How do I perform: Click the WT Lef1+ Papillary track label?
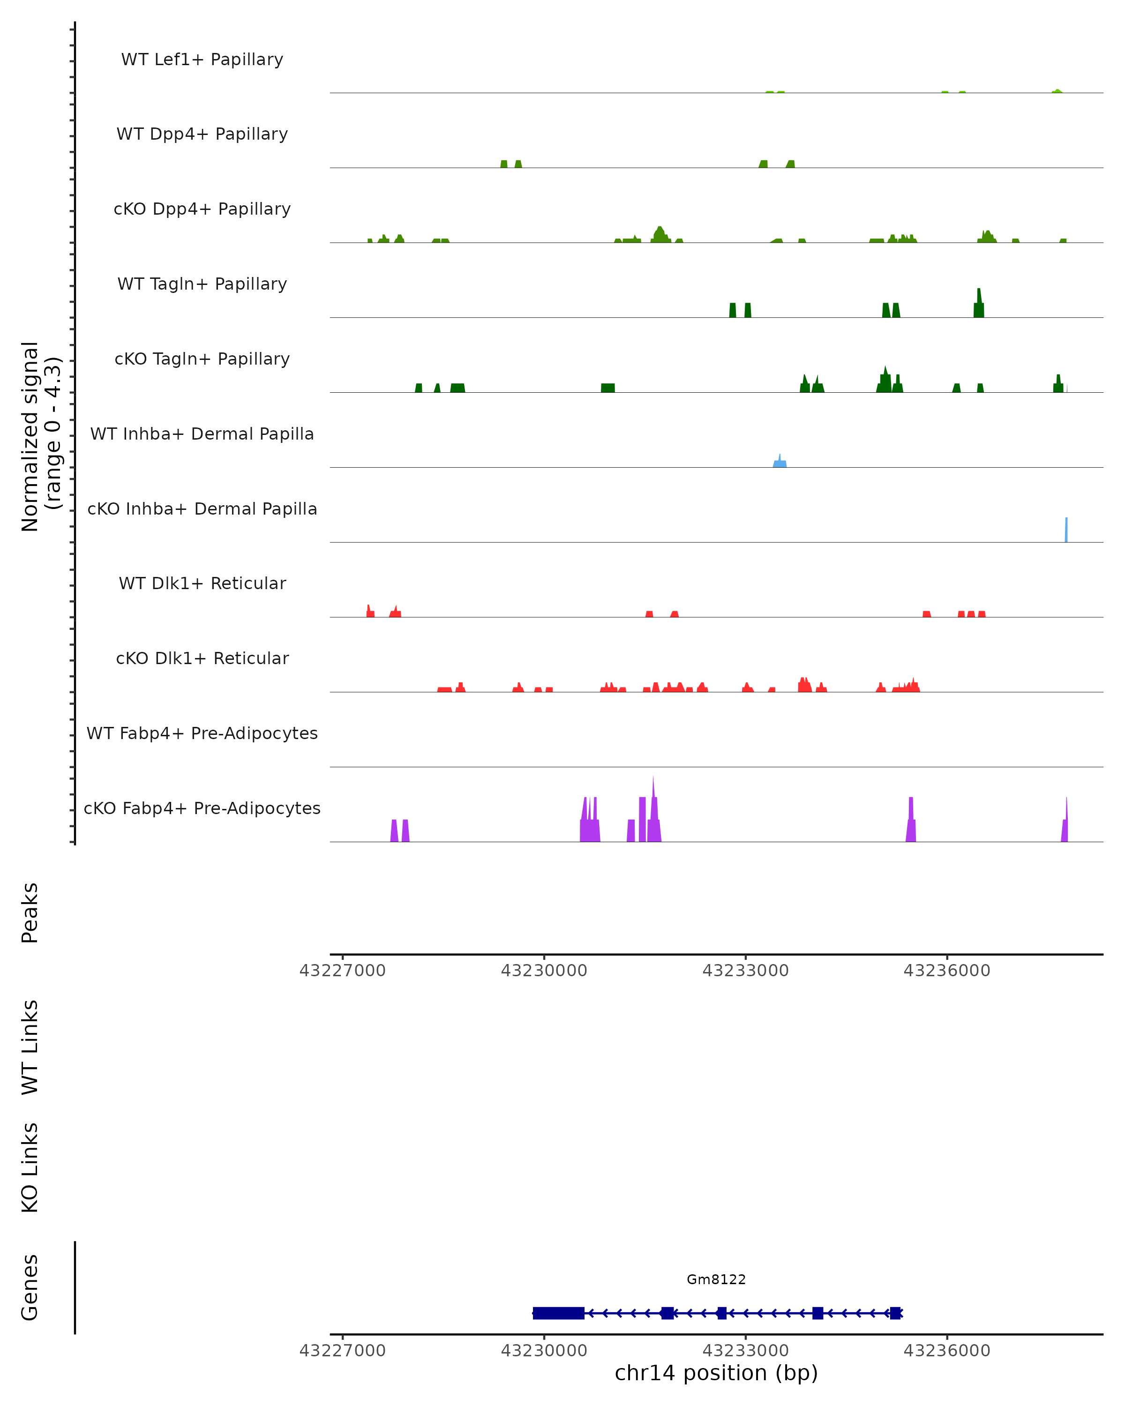(202, 60)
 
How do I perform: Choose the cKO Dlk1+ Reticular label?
(202, 658)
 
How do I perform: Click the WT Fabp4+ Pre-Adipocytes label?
(202, 733)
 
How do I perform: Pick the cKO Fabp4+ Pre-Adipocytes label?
(202, 808)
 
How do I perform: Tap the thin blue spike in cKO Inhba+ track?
(1066, 530)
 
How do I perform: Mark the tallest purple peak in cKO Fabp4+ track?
(653, 808)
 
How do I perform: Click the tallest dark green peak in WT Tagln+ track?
(979, 304)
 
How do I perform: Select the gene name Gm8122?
(716, 1279)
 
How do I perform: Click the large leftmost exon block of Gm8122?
(558, 1313)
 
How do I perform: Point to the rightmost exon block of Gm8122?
(895, 1313)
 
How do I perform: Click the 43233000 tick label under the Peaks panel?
(745, 971)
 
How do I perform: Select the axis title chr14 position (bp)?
(716, 1373)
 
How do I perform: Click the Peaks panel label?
(30, 912)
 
